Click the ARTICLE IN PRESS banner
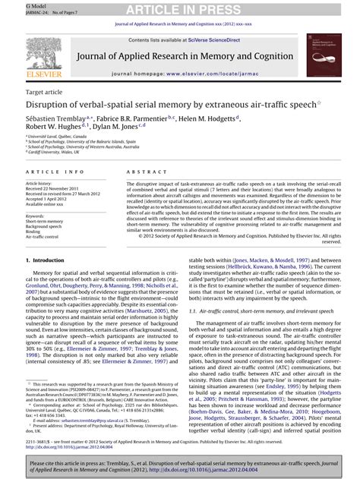(180, 8)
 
